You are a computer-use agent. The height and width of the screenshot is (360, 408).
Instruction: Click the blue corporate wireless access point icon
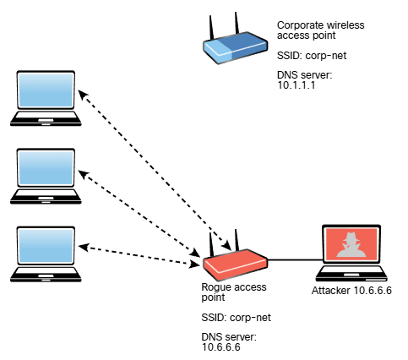coord(235,47)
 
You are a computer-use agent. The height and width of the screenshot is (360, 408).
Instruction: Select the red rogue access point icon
coord(235,265)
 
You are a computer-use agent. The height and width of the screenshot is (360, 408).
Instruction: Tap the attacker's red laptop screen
coord(351,244)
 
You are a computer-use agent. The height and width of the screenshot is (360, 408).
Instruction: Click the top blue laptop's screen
coord(46,90)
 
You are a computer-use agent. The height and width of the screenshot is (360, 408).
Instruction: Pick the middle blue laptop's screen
coord(46,167)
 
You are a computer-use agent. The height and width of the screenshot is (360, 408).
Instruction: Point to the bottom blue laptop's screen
coord(46,245)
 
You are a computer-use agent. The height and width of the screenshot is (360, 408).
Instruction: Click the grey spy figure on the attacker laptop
coord(351,245)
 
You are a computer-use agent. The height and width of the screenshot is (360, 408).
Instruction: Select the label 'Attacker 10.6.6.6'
coord(351,291)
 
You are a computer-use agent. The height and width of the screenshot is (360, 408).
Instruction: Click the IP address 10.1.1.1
coord(296,85)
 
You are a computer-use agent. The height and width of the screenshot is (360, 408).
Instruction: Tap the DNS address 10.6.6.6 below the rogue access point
coord(221,347)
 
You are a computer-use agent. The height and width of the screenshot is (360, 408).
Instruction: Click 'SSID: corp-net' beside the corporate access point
coord(312,56)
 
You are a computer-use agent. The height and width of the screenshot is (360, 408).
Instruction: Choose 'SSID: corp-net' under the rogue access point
coord(236,318)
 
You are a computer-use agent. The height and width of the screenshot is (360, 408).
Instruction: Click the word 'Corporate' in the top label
coord(297,25)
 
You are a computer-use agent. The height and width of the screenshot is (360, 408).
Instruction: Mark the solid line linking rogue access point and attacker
coord(295,259)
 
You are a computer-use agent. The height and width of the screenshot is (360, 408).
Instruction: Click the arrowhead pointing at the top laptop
coord(82,95)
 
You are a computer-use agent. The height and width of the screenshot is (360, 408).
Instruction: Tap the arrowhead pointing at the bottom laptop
coord(84,247)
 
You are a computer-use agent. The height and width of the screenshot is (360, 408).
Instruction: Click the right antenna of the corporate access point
coord(237,23)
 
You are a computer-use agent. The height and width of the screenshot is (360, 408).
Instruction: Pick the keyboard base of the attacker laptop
coord(351,274)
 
